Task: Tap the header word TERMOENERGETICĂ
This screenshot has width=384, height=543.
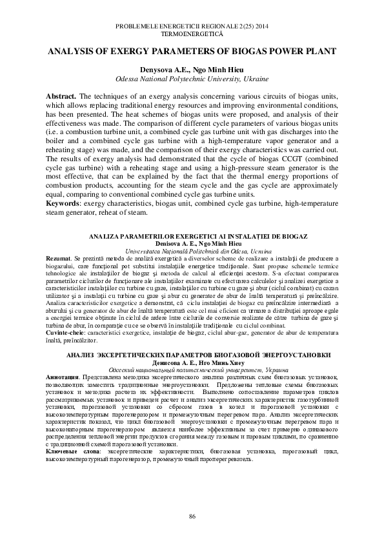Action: click(192, 32)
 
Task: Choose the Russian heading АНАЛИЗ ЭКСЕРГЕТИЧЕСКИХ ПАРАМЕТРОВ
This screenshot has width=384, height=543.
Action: click(192, 355)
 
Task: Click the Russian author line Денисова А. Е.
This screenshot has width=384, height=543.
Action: click(192, 362)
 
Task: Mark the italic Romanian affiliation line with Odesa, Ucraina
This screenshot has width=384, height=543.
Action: click(192, 252)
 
